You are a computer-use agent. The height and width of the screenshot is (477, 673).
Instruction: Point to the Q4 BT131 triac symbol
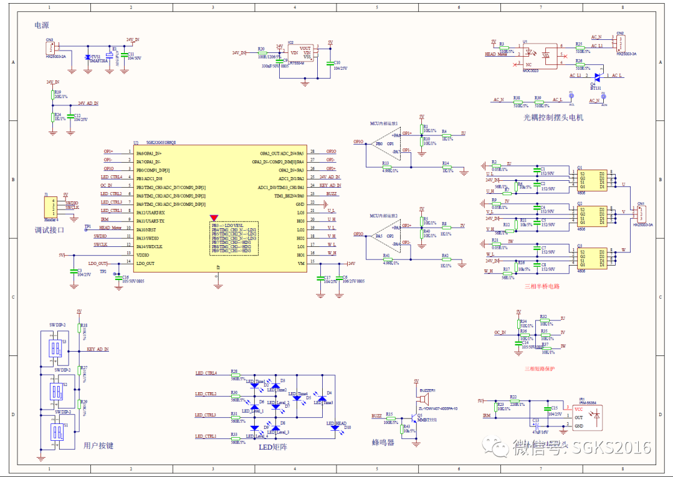click(x=596, y=76)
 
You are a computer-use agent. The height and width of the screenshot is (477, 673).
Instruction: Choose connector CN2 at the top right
click(x=619, y=42)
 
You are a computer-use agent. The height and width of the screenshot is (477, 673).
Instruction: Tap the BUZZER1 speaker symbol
click(x=428, y=398)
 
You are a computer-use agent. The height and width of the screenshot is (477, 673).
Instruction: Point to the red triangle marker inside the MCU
click(x=214, y=218)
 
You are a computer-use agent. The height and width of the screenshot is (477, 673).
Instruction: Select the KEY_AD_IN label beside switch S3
click(x=98, y=349)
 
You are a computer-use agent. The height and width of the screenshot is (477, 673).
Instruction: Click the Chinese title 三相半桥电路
click(x=542, y=286)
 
